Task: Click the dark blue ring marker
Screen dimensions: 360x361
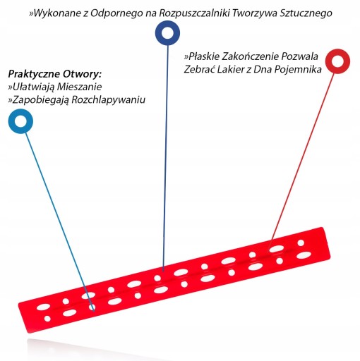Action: point(161,33)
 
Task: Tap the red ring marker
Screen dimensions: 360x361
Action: point(331,61)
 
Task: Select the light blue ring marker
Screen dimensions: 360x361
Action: point(14,121)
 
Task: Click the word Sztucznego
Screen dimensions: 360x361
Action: point(306,13)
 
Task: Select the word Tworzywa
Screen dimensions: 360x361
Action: point(255,13)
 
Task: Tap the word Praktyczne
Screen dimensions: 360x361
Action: point(34,75)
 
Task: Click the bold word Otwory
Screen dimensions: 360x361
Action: point(82,75)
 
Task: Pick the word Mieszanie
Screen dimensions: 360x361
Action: point(79,87)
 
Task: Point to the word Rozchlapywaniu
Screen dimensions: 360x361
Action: point(109,99)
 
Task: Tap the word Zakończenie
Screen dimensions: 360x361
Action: point(251,56)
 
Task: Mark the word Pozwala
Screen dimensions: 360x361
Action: point(300,56)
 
